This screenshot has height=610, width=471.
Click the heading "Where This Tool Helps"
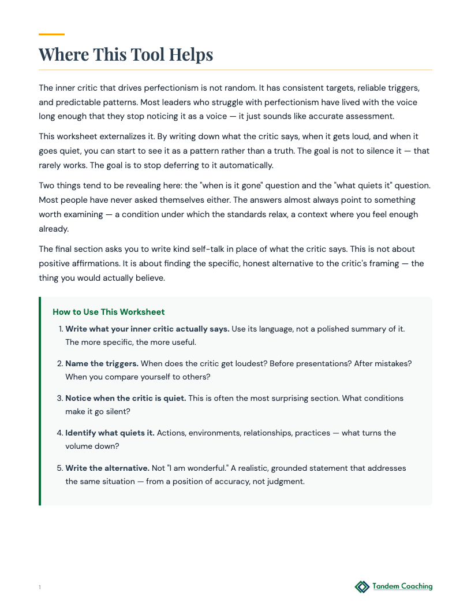126,55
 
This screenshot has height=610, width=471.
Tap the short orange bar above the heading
51,34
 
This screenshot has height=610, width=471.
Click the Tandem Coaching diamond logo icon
361,586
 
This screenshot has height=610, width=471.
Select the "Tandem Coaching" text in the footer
402,586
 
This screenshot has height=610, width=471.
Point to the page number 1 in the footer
40,587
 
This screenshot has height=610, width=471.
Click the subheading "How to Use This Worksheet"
109,312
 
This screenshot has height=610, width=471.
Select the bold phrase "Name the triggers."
102,363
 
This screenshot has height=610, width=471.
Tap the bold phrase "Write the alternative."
107,467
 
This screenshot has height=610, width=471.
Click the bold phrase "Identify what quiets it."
110,433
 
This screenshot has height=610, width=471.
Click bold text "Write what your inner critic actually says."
147,329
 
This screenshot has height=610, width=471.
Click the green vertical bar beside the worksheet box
40,401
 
